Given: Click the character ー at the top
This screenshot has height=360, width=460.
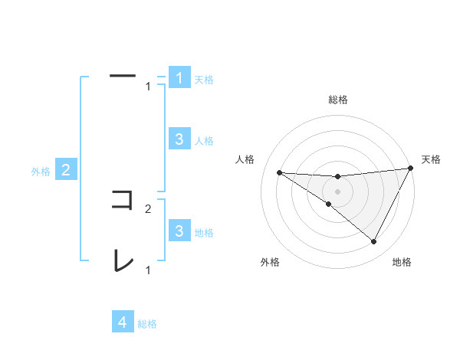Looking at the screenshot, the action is point(123,76).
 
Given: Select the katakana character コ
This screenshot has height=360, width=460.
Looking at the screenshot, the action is point(123,200).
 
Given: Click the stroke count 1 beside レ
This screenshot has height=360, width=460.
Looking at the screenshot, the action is point(148,270).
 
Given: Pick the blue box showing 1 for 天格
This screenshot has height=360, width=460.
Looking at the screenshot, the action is point(179,78).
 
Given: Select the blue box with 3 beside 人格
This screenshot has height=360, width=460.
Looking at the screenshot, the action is point(179,139).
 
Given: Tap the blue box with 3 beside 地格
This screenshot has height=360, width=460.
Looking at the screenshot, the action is point(179,231).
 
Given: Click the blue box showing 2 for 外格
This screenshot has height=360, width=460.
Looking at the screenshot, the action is point(66,170).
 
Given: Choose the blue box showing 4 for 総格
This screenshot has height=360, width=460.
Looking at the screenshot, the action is point(123,322).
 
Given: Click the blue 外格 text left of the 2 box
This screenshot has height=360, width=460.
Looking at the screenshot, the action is point(41,172).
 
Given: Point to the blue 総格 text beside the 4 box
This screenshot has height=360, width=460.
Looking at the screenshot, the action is point(147,324).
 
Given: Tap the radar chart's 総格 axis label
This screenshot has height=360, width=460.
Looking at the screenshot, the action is point(337,100).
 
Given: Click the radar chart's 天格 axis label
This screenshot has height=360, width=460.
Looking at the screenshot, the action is point(431,159).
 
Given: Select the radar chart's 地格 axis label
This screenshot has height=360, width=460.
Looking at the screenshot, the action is point(402,262).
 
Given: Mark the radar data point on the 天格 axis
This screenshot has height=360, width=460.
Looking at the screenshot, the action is point(410,168).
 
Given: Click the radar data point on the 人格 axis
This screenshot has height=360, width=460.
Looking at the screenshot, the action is point(280,172).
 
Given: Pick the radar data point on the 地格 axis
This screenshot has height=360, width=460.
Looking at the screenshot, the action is point(374,241).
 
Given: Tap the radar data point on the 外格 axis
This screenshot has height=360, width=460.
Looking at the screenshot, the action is point(329,204).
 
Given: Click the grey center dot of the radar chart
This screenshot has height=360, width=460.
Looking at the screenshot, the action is point(337,191).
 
